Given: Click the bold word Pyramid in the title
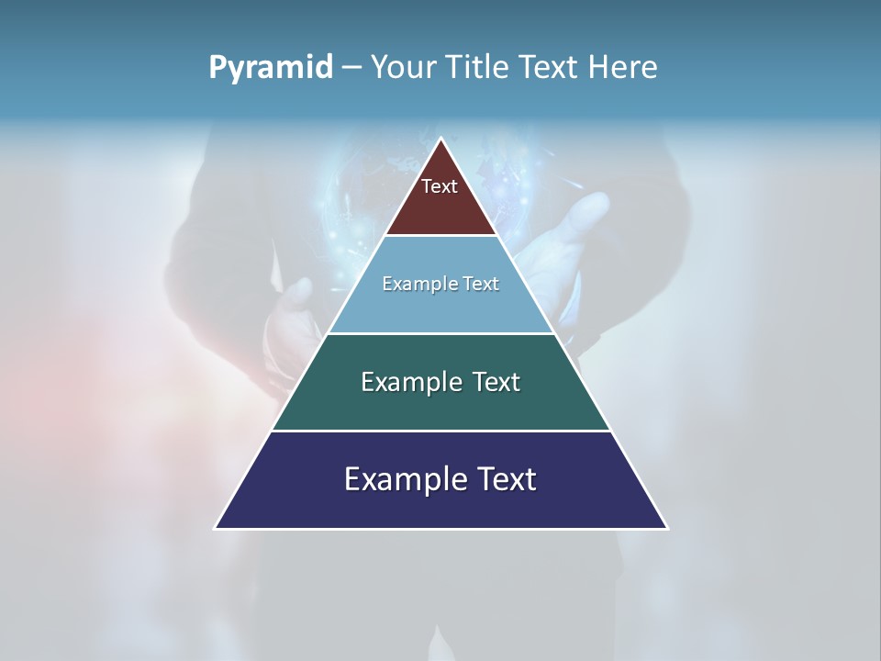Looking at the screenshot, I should coord(270,68).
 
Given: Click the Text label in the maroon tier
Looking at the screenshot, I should coord(440,186).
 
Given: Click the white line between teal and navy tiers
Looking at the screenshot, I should coord(440,431).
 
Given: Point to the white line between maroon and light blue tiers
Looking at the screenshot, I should coord(440,236).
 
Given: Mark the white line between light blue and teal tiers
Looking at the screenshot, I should coord(440,333).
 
